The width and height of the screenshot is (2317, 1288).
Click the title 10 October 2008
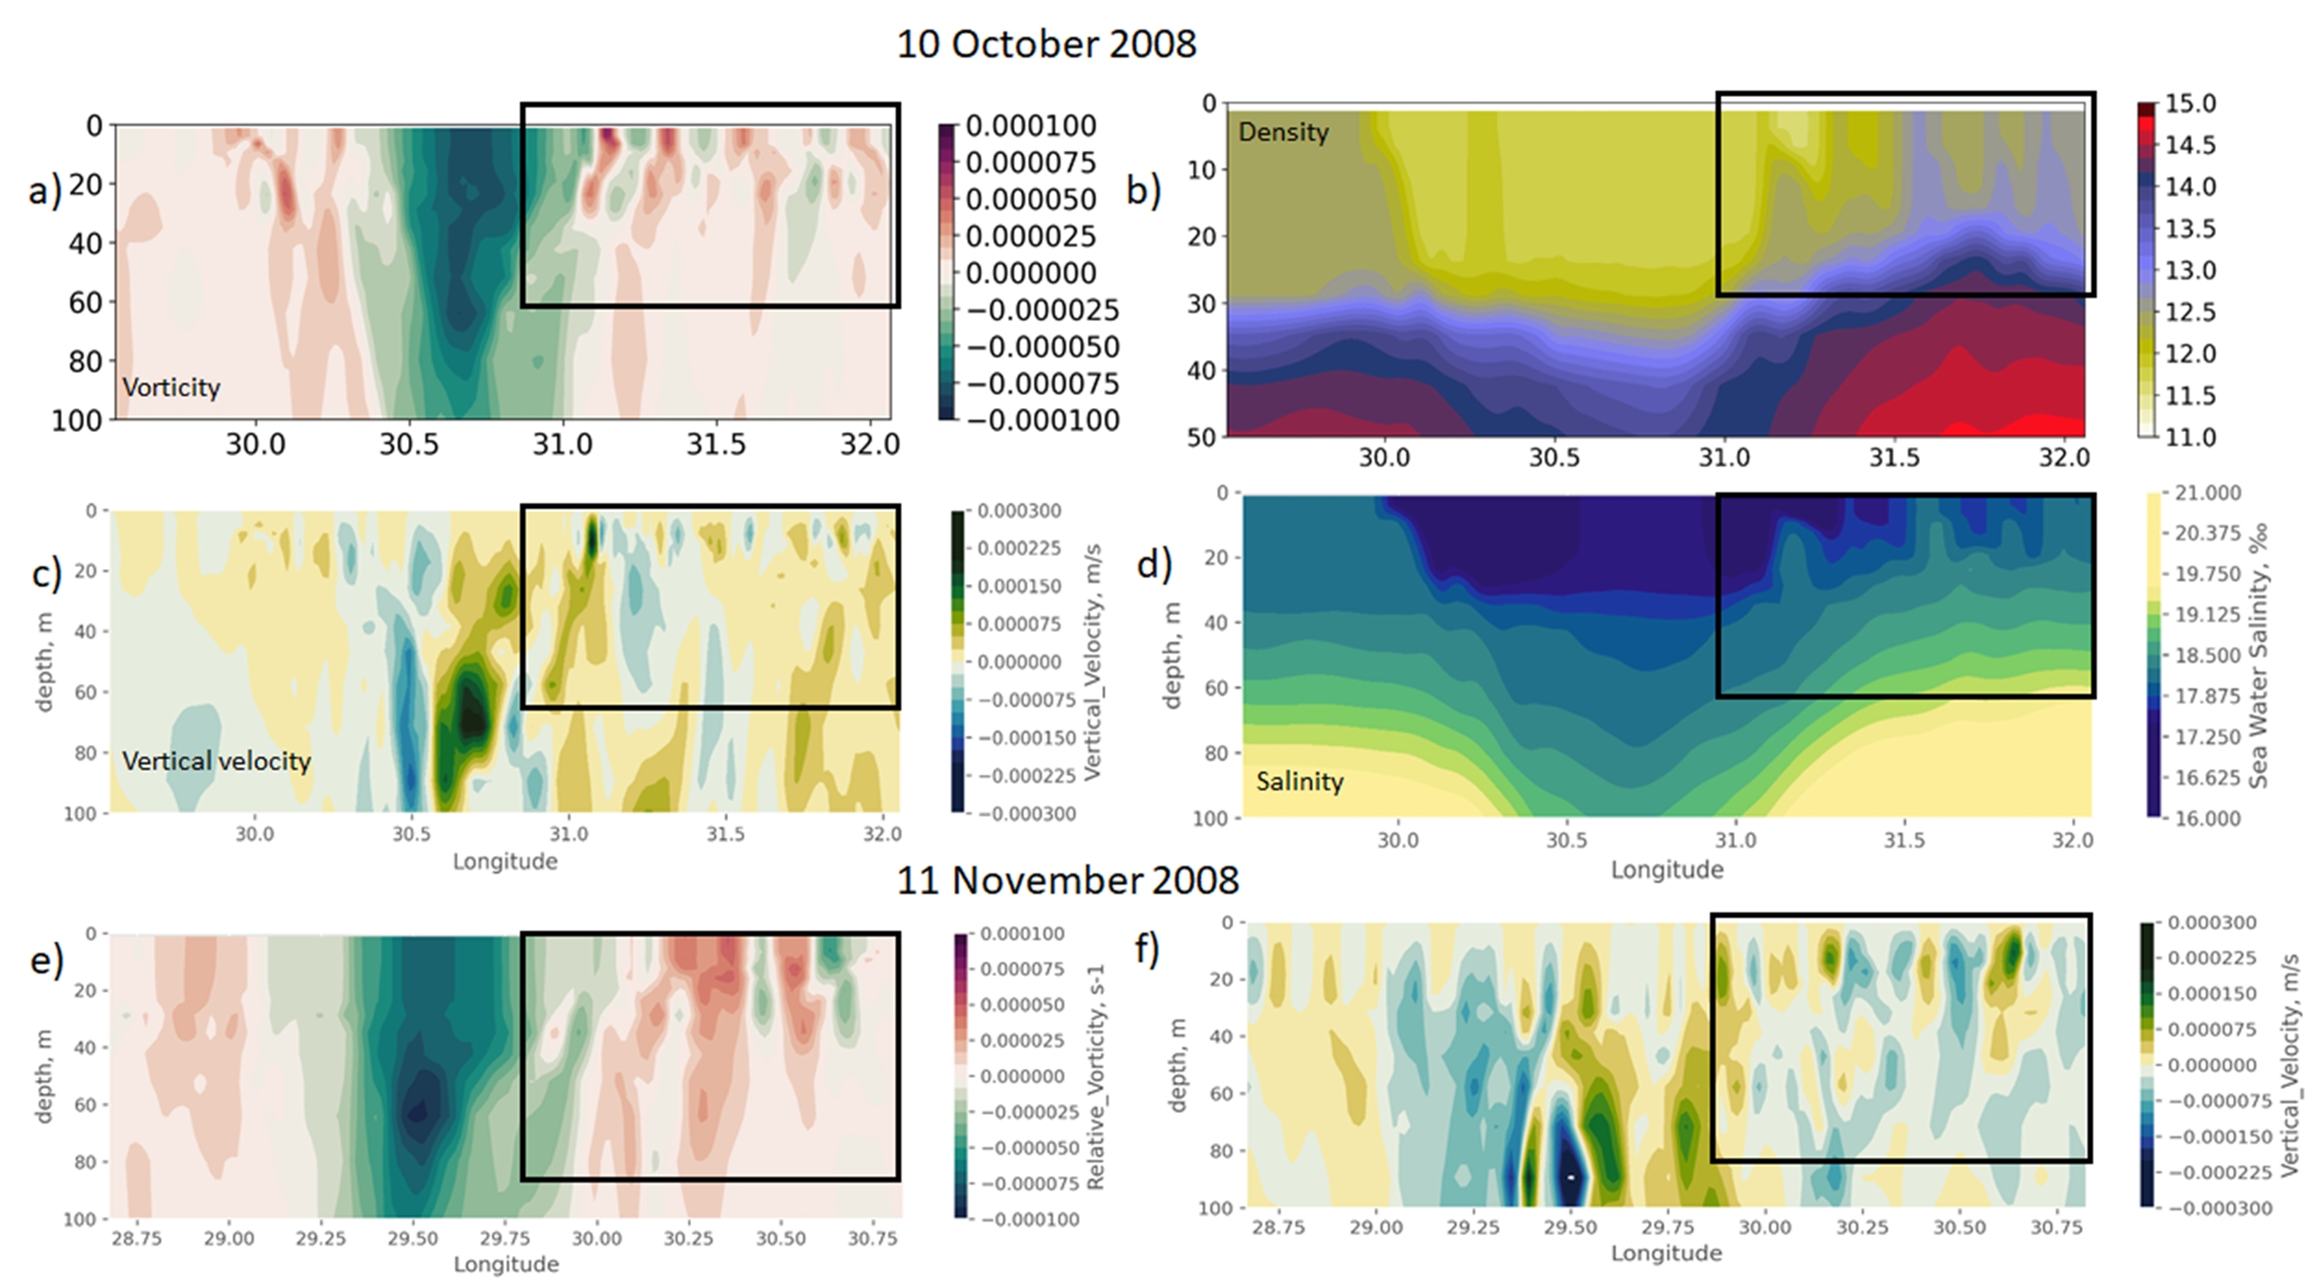[1047, 44]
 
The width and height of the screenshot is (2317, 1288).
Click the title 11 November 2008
[1068, 880]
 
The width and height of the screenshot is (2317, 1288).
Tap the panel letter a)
[44, 191]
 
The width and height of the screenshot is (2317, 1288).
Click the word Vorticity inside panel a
[171, 387]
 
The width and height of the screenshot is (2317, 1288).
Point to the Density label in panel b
[1283, 132]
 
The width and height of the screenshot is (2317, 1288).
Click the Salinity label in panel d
[1299, 782]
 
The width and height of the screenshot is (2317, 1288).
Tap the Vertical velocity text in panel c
[217, 762]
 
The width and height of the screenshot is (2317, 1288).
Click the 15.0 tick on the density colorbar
[2190, 104]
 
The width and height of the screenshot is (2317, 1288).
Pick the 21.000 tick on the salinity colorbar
[2207, 493]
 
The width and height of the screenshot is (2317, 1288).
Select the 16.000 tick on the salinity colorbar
[2207, 818]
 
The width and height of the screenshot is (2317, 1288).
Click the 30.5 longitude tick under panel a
[409, 445]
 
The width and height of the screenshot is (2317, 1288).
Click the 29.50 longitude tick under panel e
[413, 1239]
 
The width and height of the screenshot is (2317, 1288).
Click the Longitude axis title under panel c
[505, 862]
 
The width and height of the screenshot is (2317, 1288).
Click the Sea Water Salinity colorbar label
[2259, 655]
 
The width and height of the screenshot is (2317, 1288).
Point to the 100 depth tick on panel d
[1210, 819]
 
